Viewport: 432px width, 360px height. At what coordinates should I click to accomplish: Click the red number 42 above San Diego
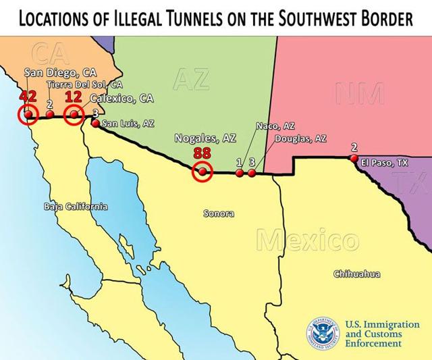(x=28, y=96)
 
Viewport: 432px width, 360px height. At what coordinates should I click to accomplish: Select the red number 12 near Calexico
(x=73, y=97)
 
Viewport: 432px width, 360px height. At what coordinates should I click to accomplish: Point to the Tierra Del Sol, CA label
(x=84, y=85)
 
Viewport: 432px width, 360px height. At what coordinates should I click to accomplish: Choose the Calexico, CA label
(x=122, y=99)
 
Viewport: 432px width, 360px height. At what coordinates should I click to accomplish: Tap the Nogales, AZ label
(x=205, y=138)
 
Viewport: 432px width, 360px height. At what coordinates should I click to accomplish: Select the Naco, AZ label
(x=275, y=126)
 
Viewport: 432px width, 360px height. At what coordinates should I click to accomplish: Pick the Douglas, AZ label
(x=300, y=138)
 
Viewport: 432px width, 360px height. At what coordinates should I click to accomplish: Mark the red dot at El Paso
(x=354, y=158)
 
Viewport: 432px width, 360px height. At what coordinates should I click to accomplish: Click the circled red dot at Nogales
(x=202, y=172)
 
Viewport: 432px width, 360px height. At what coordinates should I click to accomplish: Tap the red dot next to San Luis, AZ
(x=95, y=124)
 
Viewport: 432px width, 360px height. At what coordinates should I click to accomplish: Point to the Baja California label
(x=75, y=206)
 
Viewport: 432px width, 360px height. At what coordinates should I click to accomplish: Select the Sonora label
(x=219, y=213)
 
